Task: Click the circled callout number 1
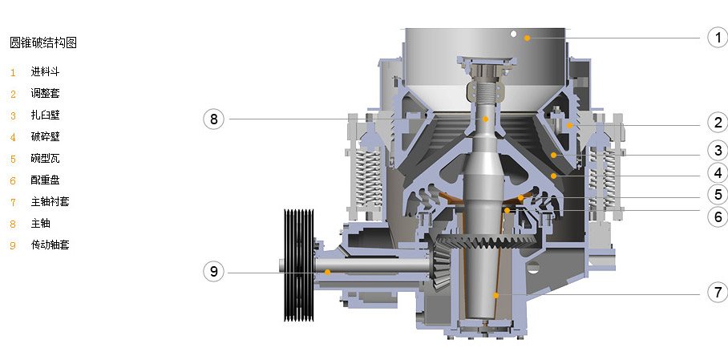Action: pyautogui.click(x=718, y=37)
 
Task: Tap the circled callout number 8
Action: pyautogui.click(x=213, y=119)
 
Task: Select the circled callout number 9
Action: pyautogui.click(x=213, y=271)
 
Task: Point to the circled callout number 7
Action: pyautogui.click(x=718, y=292)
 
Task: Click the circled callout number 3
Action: pyautogui.click(x=718, y=151)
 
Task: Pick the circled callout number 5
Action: pyautogui.click(x=718, y=194)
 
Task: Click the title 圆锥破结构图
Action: pyautogui.click(x=43, y=42)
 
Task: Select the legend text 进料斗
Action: pyautogui.click(x=45, y=71)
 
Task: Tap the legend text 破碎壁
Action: pyautogui.click(x=45, y=136)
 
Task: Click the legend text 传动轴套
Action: pyautogui.click(x=51, y=245)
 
